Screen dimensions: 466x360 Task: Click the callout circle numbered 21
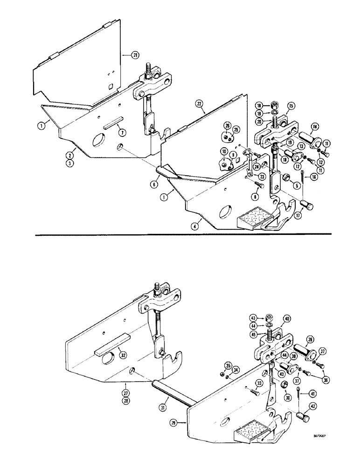coord(123,55)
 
